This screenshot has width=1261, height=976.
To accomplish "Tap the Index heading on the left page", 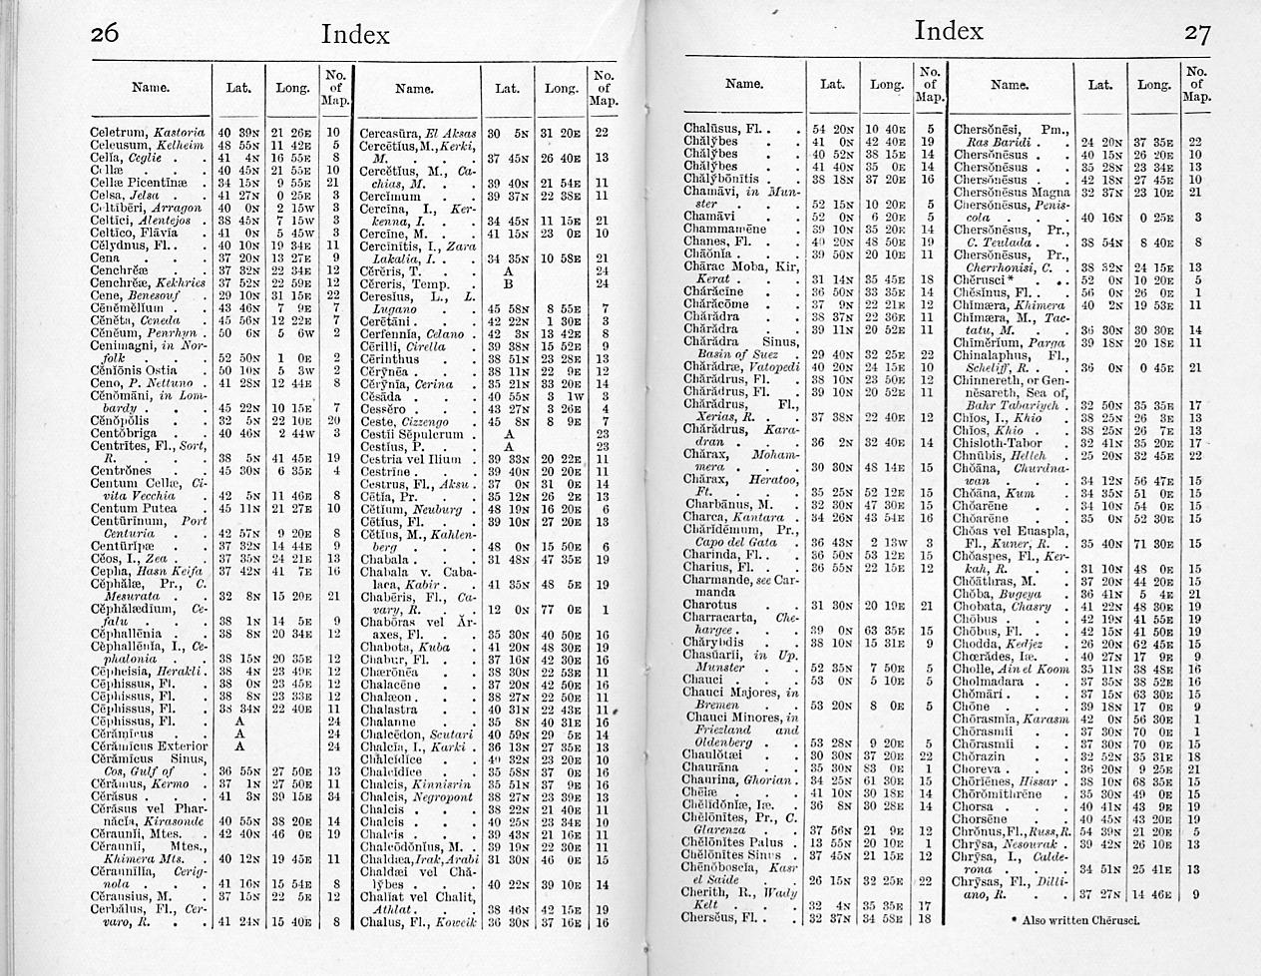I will tap(355, 34).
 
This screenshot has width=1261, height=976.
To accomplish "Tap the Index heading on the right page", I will tap(948, 31).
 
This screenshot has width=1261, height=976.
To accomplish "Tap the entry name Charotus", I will tap(710, 605).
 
